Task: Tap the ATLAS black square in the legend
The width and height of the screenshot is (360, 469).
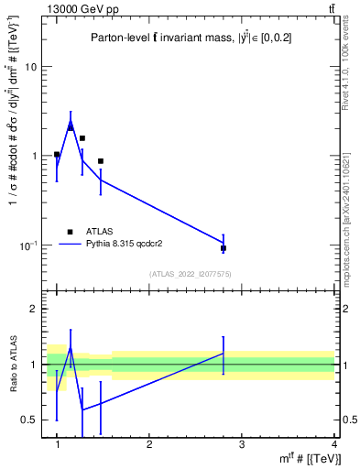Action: point(70,232)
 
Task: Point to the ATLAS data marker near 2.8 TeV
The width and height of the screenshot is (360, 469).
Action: point(224,248)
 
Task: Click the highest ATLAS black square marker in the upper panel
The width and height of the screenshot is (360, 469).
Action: point(71,127)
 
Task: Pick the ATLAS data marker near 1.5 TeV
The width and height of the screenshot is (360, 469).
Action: point(101,161)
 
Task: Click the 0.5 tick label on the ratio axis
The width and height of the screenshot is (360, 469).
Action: point(31,420)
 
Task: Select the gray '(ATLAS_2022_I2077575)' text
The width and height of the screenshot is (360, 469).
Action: point(191,273)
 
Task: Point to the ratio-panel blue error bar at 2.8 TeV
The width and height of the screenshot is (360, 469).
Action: point(224,353)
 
